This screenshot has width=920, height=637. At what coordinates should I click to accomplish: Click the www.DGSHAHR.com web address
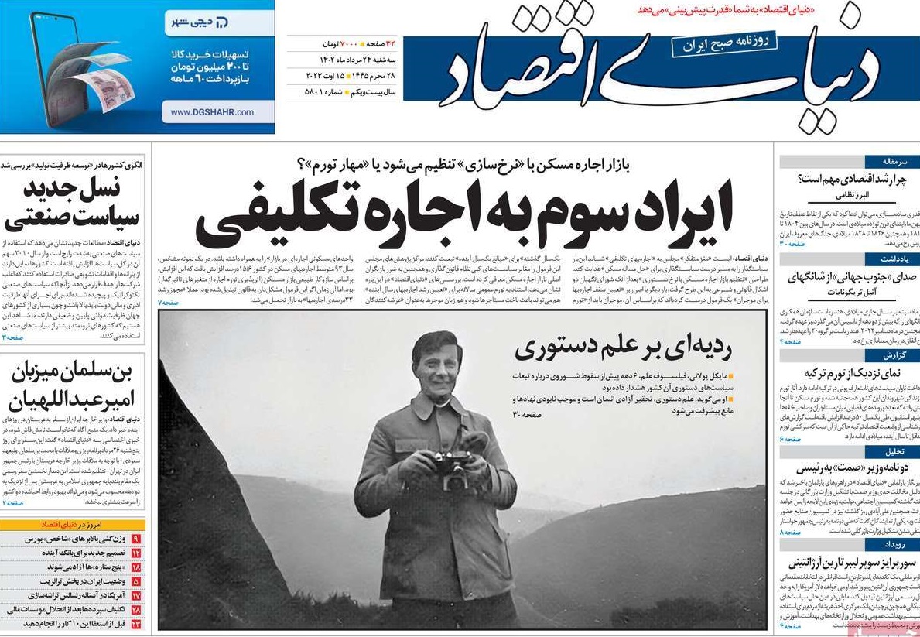click(x=212, y=112)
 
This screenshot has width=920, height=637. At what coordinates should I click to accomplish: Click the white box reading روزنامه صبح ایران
click(x=723, y=44)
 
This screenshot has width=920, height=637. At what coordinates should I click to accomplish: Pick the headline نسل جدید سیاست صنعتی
click(x=72, y=204)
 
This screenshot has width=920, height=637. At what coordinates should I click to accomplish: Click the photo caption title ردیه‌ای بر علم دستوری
click(x=623, y=349)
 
